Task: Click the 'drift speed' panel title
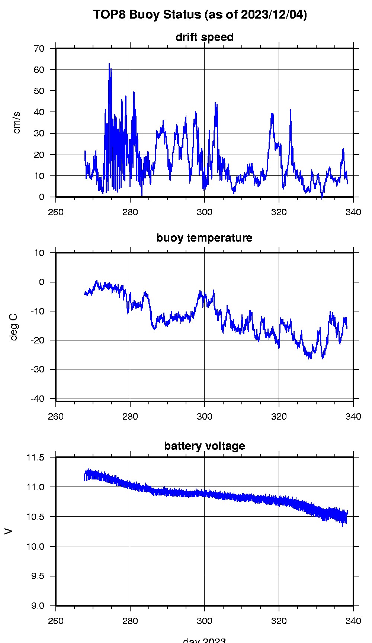click(204, 37)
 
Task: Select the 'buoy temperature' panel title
click(204, 238)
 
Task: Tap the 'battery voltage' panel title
click(204, 446)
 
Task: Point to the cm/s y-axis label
click(17, 122)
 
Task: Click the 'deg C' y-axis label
click(14, 327)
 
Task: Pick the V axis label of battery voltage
click(8, 531)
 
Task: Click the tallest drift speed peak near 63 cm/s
click(109, 64)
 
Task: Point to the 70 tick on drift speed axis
click(39, 49)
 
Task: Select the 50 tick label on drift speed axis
click(39, 91)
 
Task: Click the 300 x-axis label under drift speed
click(204, 212)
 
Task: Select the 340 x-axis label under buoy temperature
click(353, 416)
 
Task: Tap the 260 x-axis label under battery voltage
click(56, 621)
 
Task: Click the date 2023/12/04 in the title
click(273, 15)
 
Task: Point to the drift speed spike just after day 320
click(291, 110)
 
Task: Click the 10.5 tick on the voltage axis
click(36, 517)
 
